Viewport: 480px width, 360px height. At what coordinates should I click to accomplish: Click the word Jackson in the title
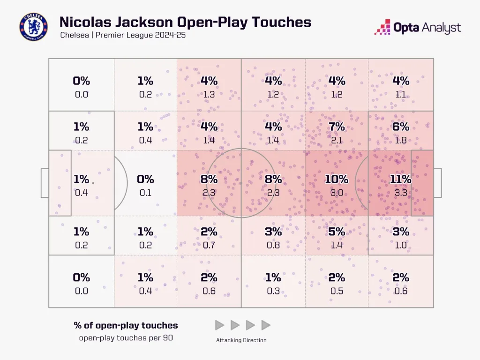(149, 22)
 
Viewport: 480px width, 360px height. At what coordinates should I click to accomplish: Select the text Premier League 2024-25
(141, 36)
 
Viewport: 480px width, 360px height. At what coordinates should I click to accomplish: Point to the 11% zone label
(400, 179)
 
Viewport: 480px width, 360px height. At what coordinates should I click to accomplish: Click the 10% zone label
(337, 179)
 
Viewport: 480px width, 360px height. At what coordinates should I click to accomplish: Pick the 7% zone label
(337, 127)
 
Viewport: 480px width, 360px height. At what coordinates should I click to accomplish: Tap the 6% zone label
(400, 127)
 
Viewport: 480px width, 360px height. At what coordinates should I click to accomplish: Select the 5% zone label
(337, 232)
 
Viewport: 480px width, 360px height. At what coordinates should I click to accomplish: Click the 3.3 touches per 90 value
(400, 192)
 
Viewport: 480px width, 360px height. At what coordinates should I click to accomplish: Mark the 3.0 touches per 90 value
(337, 192)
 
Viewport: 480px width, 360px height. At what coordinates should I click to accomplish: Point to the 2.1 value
(337, 140)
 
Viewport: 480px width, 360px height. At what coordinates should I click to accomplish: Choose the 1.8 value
(400, 140)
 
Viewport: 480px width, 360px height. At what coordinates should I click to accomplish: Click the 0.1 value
(145, 192)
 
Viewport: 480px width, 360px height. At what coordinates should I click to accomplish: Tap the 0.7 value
(209, 245)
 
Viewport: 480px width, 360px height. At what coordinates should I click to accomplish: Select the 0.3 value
(273, 291)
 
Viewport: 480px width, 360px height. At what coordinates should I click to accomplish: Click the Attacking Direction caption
(242, 340)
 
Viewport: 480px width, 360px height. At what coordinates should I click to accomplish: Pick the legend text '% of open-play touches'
(126, 325)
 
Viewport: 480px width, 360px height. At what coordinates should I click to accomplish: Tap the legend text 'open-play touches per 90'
(126, 337)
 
